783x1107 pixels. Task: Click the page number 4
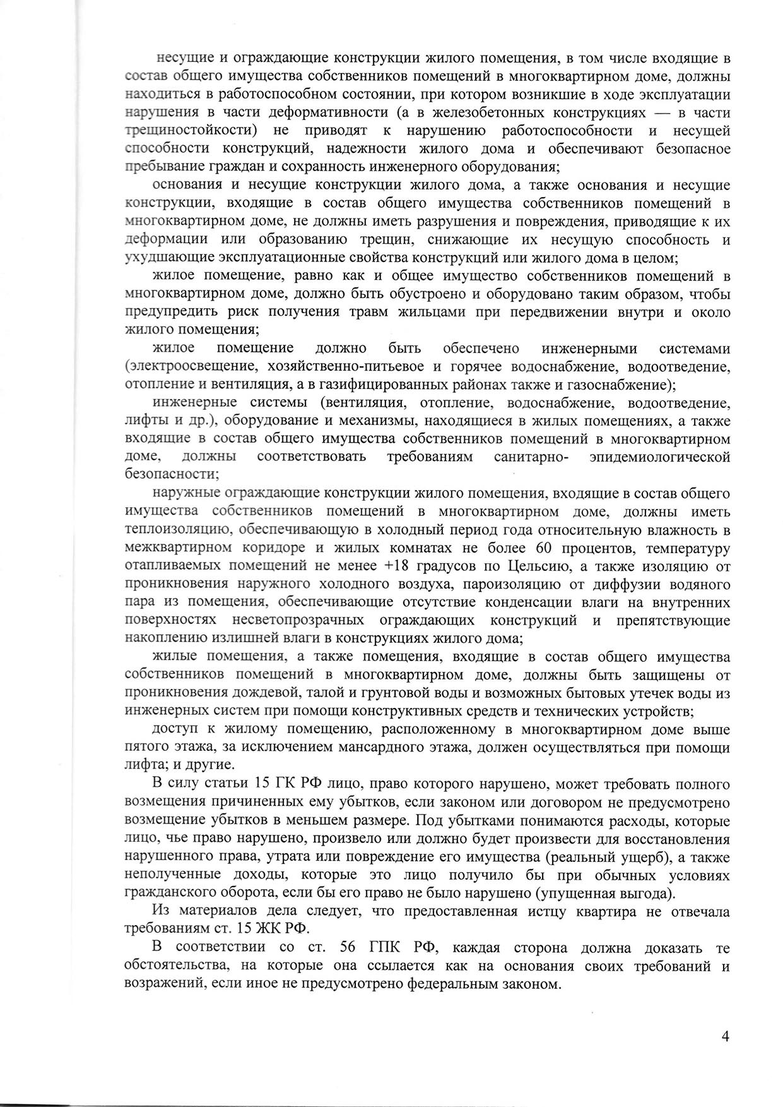point(726,1036)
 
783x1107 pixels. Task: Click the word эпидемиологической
point(659,457)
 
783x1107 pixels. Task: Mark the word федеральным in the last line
point(455,984)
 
